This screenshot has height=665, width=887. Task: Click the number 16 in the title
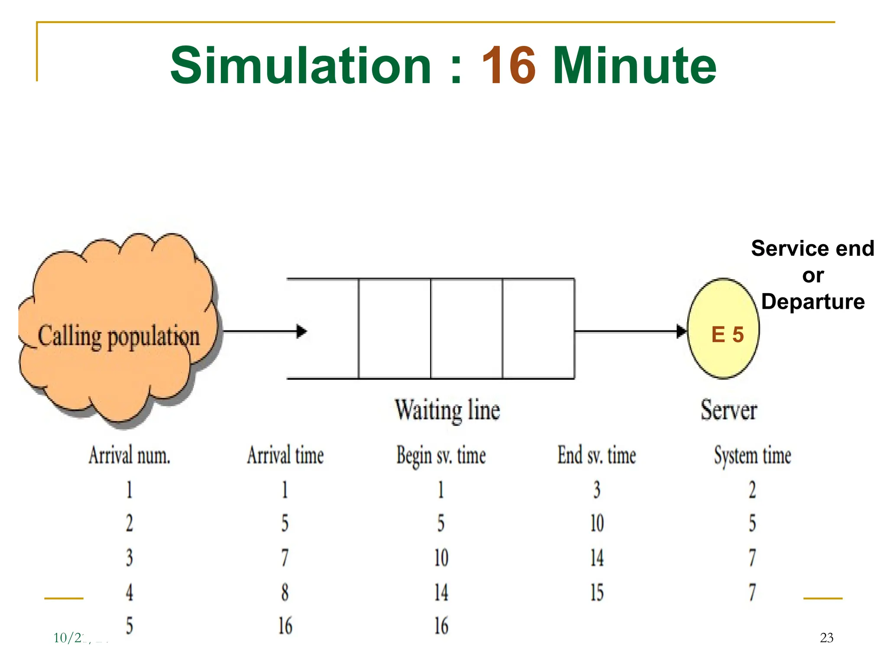(x=508, y=66)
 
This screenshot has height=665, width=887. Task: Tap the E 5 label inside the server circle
(x=727, y=335)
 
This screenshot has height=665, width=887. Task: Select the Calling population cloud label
(x=119, y=336)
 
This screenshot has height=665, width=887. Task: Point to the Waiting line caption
(x=447, y=410)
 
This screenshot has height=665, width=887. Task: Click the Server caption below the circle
(x=728, y=410)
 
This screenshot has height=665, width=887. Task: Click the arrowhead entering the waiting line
(x=302, y=332)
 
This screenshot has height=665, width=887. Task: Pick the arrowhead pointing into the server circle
(x=682, y=332)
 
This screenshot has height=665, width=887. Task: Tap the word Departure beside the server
(x=813, y=302)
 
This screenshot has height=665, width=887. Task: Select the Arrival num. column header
(x=129, y=456)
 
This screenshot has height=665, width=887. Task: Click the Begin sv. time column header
(x=441, y=456)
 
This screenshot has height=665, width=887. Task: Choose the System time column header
(x=752, y=456)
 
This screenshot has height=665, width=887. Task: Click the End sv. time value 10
(x=597, y=523)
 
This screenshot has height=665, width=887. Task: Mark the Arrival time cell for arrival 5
(x=285, y=626)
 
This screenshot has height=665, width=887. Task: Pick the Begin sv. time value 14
(x=441, y=592)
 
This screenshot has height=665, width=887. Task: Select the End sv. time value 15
(x=597, y=592)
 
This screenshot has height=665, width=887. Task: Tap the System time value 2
(x=752, y=490)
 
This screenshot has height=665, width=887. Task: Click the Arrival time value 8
(x=285, y=592)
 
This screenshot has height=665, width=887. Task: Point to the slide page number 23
(x=826, y=638)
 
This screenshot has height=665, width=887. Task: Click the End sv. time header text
(x=596, y=456)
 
